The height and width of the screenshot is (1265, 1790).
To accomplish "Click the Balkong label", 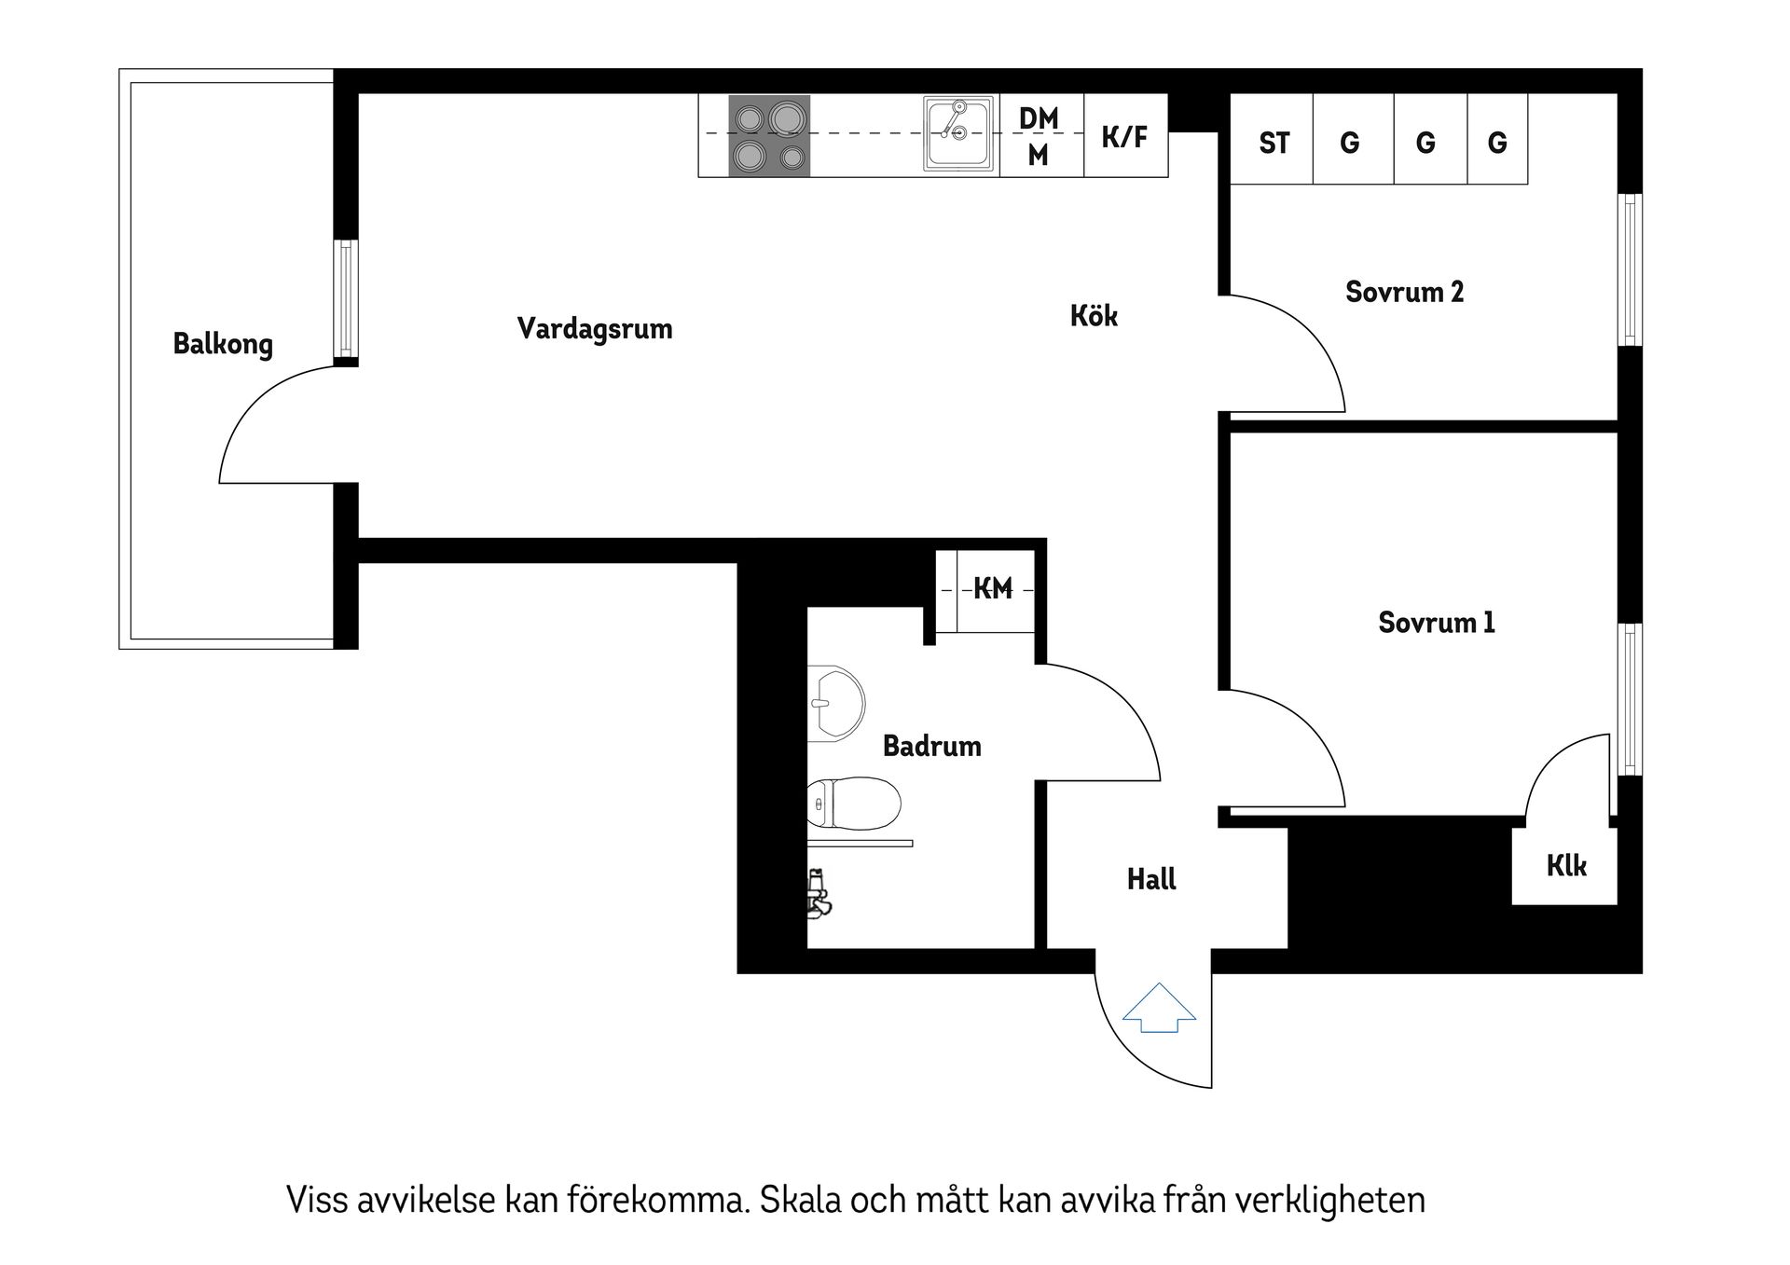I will click(x=223, y=344).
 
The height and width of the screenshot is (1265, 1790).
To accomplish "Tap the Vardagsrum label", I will click(x=595, y=328).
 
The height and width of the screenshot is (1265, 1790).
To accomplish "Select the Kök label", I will click(x=1094, y=316).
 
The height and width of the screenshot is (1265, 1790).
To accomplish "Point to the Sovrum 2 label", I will click(x=1404, y=292).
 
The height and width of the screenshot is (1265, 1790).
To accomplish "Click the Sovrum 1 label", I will click(x=1436, y=622).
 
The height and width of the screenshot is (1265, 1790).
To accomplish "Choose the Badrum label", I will click(x=931, y=746).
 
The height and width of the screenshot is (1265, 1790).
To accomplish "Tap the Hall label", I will click(x=1151, y=879).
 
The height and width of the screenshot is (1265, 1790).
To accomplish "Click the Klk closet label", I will click(x=1566, y=866).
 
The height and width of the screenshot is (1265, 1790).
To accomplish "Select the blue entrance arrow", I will click(x=1159, y=1009).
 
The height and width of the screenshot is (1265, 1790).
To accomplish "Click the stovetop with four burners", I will click(x=769, y=136).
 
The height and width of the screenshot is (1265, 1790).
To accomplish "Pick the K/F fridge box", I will click(x=1125, y=137).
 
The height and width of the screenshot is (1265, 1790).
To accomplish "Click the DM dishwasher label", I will click(x=1039, y=118).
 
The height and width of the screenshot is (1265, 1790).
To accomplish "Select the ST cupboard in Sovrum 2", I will click(x=1274, y=143).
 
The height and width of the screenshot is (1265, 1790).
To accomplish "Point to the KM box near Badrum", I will click(x=993, y=588).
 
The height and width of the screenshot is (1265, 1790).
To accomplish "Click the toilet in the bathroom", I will click(x=853, y=804).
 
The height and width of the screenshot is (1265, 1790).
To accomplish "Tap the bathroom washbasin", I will click(x=834, y=704).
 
